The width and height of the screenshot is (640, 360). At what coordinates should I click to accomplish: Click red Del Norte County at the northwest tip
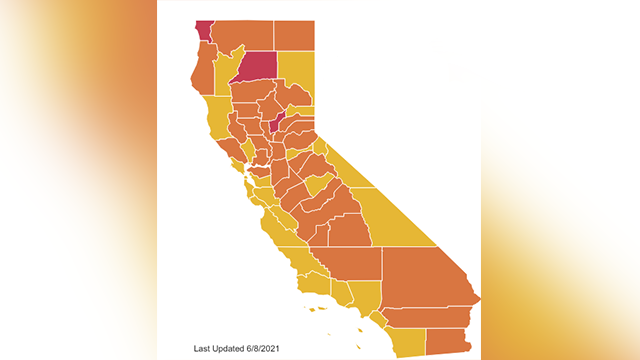(203, 30)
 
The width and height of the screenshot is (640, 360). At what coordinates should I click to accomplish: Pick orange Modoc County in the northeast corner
(294, 34)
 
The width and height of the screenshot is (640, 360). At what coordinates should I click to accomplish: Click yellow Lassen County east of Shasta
(296, 75)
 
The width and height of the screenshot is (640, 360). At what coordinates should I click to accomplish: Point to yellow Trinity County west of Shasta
(224, 68)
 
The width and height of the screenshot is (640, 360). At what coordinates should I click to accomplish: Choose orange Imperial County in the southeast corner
(447, 340)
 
